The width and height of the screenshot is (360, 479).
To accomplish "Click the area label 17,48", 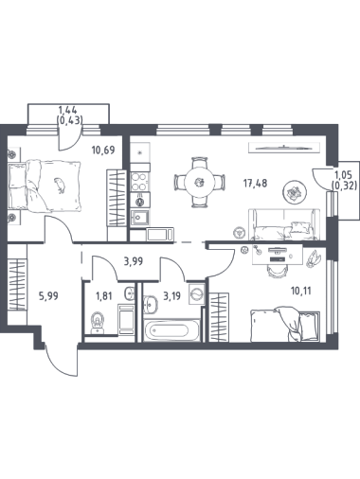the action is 255,183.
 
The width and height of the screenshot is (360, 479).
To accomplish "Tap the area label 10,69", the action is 103,150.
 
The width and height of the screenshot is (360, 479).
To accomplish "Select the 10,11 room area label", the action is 301,291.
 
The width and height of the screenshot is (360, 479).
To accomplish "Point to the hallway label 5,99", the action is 48,296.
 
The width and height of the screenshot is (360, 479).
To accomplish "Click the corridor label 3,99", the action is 134,261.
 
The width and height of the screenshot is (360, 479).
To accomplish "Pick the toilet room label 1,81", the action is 104,296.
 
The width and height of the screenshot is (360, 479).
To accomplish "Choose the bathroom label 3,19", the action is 171,296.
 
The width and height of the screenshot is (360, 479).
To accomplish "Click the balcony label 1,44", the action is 68,110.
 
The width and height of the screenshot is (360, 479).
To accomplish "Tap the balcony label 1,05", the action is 344,174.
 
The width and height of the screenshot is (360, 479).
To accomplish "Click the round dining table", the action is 200,182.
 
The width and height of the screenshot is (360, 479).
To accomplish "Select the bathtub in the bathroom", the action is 171,330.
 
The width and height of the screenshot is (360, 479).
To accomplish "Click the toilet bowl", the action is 98,323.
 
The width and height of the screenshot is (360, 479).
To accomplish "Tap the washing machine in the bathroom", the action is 196,293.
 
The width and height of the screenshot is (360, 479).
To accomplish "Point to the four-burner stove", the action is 139,182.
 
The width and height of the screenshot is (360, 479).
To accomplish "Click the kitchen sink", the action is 139,218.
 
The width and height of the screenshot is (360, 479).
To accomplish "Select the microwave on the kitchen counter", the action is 160,235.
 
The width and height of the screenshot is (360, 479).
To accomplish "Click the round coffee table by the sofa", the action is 296,192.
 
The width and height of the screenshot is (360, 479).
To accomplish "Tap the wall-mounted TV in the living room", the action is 284,148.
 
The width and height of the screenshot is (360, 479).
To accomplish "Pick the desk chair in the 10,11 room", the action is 278,271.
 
